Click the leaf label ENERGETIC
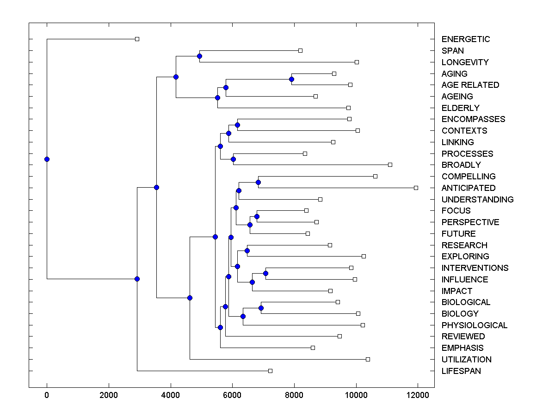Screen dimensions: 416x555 pyautogui.click(x=465, y=39)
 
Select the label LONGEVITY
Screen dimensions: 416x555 pyautogui.click(x=465, y=62)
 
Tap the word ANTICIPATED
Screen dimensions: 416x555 pyautogui.click(x=468, y=188)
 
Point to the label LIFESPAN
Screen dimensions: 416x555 pyautogui.click(x=461, y=371)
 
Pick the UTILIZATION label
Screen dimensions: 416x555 pyautogui.click(x=466, y=360)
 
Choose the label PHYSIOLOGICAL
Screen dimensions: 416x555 pyautogui.click(x=474, y=325)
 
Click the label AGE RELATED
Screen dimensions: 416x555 pyautogui.click(x=470, y=85)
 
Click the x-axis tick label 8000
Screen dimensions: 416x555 pyautogui.click(x=294, y=395)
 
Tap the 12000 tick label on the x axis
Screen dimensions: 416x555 pyautogui.click(x=418, y=395)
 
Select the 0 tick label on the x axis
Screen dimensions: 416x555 pyautogui.click(x=47, y=395)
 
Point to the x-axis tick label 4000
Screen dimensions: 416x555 pyautogui.click(x=171, y=395)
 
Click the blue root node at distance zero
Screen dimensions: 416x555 pyautogui.click(x=47, y=159)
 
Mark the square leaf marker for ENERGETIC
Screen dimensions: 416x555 pyautogui.click(x=137, y=39)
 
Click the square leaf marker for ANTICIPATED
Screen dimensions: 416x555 pyautogui.click(x=416, y=188)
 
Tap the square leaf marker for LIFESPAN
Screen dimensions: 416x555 pyautogui.click(x=271, y=371)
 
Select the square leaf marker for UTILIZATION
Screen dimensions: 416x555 pyautogui.click(x=368, y=359)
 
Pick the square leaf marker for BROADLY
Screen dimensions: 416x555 pyautogui.click(x=390, y=165)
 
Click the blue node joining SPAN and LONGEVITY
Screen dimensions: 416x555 pyautogui.click(x=199, y=56)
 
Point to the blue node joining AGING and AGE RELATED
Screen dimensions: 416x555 pyautogui.click(x=291, y=79)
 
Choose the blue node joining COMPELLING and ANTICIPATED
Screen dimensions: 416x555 pyautogui.click(x=259, y=182)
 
